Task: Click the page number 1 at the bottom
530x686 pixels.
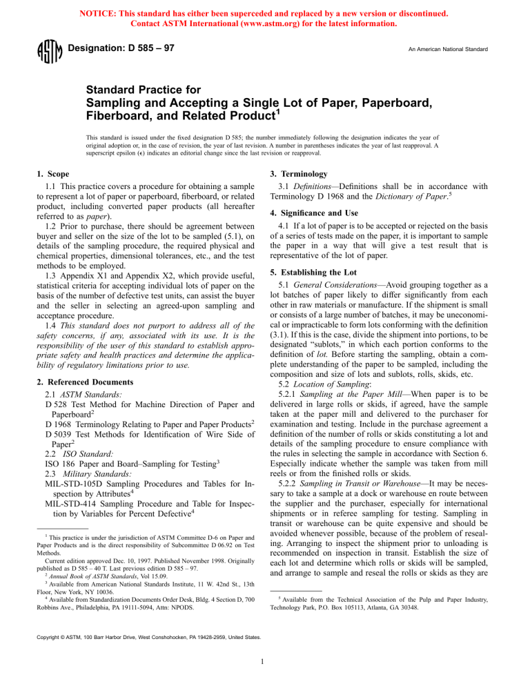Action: (265, 665)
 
